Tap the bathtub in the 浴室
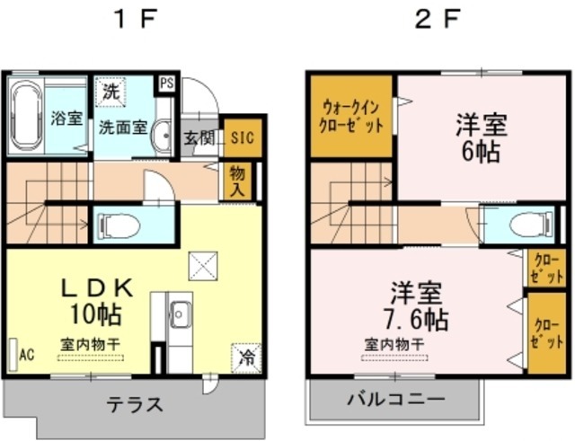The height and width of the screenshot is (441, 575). click(27, 116)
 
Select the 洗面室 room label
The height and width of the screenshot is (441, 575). click(122, 127)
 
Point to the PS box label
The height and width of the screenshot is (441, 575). click(165, 84)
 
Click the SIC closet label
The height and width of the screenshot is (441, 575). click(241, 137)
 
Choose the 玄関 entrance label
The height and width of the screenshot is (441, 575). click(199, 138)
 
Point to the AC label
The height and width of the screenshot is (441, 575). click(26, 354)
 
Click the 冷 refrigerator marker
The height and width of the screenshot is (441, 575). click(245, 357)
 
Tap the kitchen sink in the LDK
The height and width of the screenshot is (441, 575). click(179, 315)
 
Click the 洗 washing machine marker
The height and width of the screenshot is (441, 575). click(109, 91)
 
